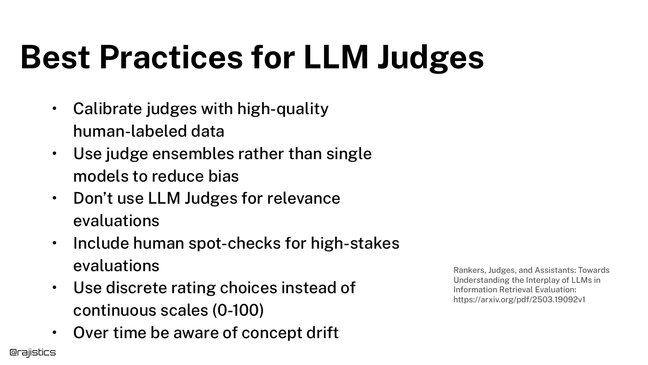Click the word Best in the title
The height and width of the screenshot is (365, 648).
point(55,57)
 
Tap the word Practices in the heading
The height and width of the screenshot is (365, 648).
point(171,57)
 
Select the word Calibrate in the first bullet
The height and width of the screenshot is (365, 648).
point(108,109)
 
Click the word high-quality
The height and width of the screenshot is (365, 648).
point(283,109)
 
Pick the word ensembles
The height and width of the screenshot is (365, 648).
point(193,154)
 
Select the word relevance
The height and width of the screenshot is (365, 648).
point(303,199)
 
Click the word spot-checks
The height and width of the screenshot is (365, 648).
point(235,243)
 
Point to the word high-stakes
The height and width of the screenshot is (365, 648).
point(355,243)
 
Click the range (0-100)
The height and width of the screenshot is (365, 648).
point(238,310)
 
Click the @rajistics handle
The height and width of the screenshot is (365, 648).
point(33,352)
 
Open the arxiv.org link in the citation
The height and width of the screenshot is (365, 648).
point(519,300)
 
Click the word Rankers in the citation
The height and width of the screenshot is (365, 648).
point(470,270)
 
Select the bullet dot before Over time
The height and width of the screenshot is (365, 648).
point(54,332)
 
